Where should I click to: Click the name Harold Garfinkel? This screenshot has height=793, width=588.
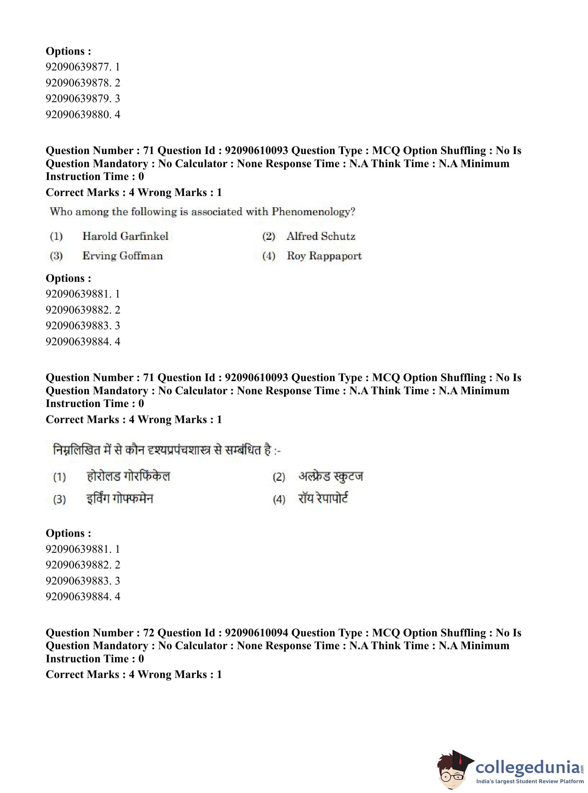[125, 236]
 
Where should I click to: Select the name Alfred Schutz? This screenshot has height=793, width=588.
[321, 236]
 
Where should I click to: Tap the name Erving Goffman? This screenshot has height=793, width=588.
[122, 256]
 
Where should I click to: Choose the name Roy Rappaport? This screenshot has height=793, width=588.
[324, 256]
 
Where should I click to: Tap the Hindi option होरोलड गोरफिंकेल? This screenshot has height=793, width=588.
[128, 476]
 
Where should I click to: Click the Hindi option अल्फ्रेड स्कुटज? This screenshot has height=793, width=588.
[330, 476]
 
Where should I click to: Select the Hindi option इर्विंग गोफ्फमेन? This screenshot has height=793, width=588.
[119, 499]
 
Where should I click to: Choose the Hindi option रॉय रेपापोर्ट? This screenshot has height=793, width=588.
[323, 499]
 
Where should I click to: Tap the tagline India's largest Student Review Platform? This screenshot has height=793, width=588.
[530, 781]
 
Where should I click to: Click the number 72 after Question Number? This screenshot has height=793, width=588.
[148, 633]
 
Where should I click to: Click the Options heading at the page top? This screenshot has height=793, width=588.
[68, 51]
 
